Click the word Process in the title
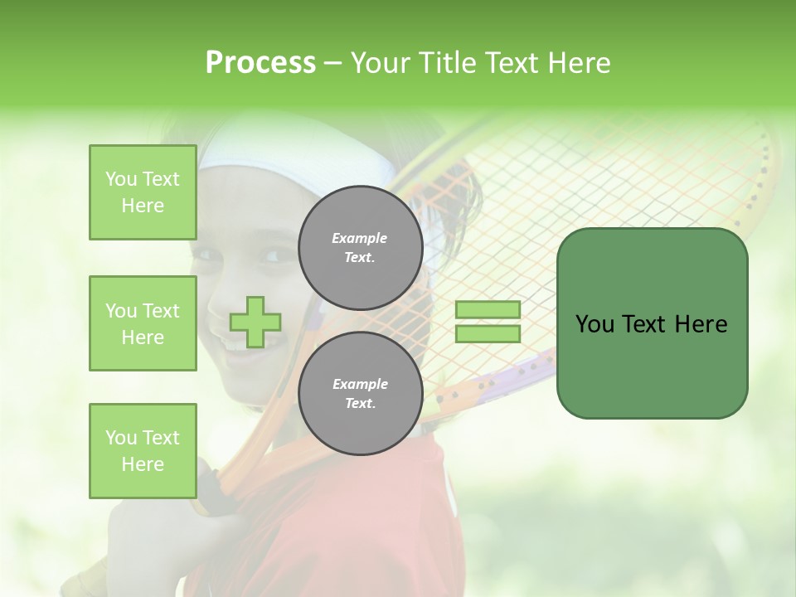(x=260, y=63)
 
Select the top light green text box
(x=143, y=192)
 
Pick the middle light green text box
(x=143, y=323)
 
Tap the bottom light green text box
(x=143, y=450)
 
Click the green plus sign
(x=255, y=322)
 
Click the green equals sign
(x=488, y=322)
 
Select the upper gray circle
(x=360, y=248)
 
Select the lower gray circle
(x=360, y=394)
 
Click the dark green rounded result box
(x=652, y=323)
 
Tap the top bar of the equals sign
(x=488, y=310)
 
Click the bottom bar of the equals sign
(x=488, y=333)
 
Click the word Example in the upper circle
(x=360, y=238)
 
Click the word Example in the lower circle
(x=360, y=384)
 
